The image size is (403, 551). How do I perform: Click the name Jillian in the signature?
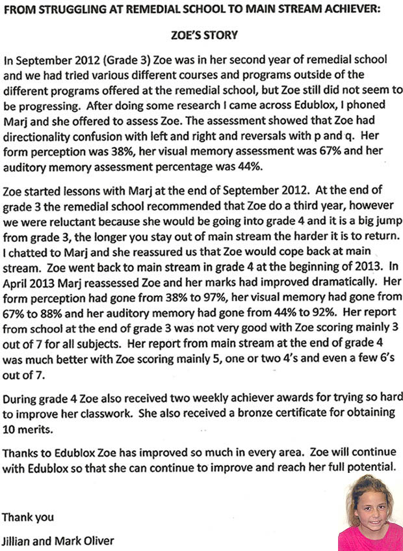pos(18,539)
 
